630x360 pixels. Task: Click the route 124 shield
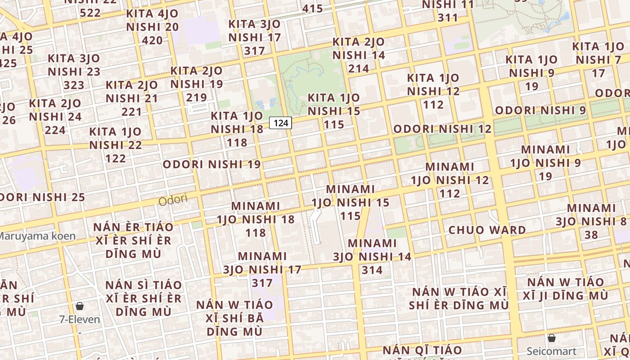[x=280, y=122]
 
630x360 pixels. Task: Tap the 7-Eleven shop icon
[x=80, y=306]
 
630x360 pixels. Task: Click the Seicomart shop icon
[x=552, y=338]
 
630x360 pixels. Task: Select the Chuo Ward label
[x=487, y=230]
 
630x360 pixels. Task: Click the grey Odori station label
[x=173, y=199]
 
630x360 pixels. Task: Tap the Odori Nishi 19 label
[x=211, y=164]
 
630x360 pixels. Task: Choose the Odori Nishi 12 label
[x=442, y=129]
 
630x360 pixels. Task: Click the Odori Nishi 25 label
[x=41, y=197]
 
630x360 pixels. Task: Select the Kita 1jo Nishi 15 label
[x=334, y=111]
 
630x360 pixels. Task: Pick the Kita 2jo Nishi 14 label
[x=359, y=55]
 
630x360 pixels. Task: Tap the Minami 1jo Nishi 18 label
[x=256, y=219]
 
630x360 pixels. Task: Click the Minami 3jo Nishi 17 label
[x=262, y=269]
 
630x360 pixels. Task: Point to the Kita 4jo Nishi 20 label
[x=153, y=27]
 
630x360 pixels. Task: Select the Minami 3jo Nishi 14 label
[x=372, y=256]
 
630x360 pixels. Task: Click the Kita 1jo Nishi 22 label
[x=116, y=145]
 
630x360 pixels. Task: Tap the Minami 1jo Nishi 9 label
[x=545, y=162]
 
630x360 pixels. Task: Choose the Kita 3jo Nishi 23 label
[x=74, y=72]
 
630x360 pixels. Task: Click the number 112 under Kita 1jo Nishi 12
[x=433, y=105]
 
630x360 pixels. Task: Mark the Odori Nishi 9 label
[x=540, y=110]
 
